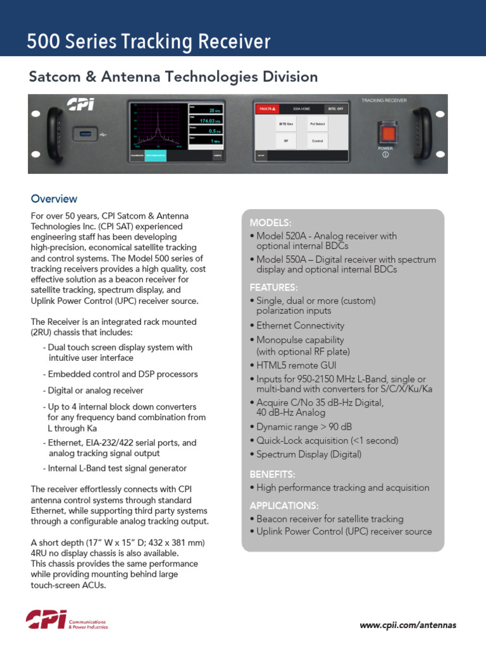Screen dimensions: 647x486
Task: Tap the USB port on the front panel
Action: pos(84,133)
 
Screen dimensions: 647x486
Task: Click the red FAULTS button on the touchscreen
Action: pos(266,109)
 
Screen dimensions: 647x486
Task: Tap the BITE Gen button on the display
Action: pos(286,124)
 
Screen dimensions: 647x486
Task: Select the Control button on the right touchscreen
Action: pos(317,141)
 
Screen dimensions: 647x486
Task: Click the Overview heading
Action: pos(54,199)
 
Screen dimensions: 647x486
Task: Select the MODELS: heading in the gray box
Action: pos(270,222)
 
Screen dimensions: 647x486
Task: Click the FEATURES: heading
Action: pos(273,287)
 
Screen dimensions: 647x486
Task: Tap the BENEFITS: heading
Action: pos(272,474)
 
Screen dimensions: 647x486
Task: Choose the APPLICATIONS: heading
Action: pos(283,505)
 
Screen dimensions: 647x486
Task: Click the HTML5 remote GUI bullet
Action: pos(296,365)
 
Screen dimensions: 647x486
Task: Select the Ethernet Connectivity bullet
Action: pos(300,325)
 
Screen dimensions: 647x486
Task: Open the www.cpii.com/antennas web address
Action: pos(408,625)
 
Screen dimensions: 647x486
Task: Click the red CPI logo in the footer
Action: pos(46,620)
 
